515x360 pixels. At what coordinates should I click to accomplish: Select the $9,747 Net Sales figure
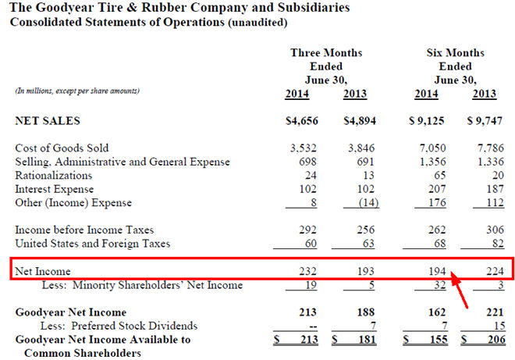click(x=485, y=121)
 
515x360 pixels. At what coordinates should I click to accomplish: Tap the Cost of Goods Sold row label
click(x=62, y=148)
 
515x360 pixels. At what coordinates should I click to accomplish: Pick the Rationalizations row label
click(x=54, y=176)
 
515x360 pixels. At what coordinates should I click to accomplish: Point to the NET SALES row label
click(x=48, y=121)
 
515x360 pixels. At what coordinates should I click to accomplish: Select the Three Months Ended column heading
click(x=326, y=66)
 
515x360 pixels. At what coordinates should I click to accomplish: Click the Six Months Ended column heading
click(x=455, y=66)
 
